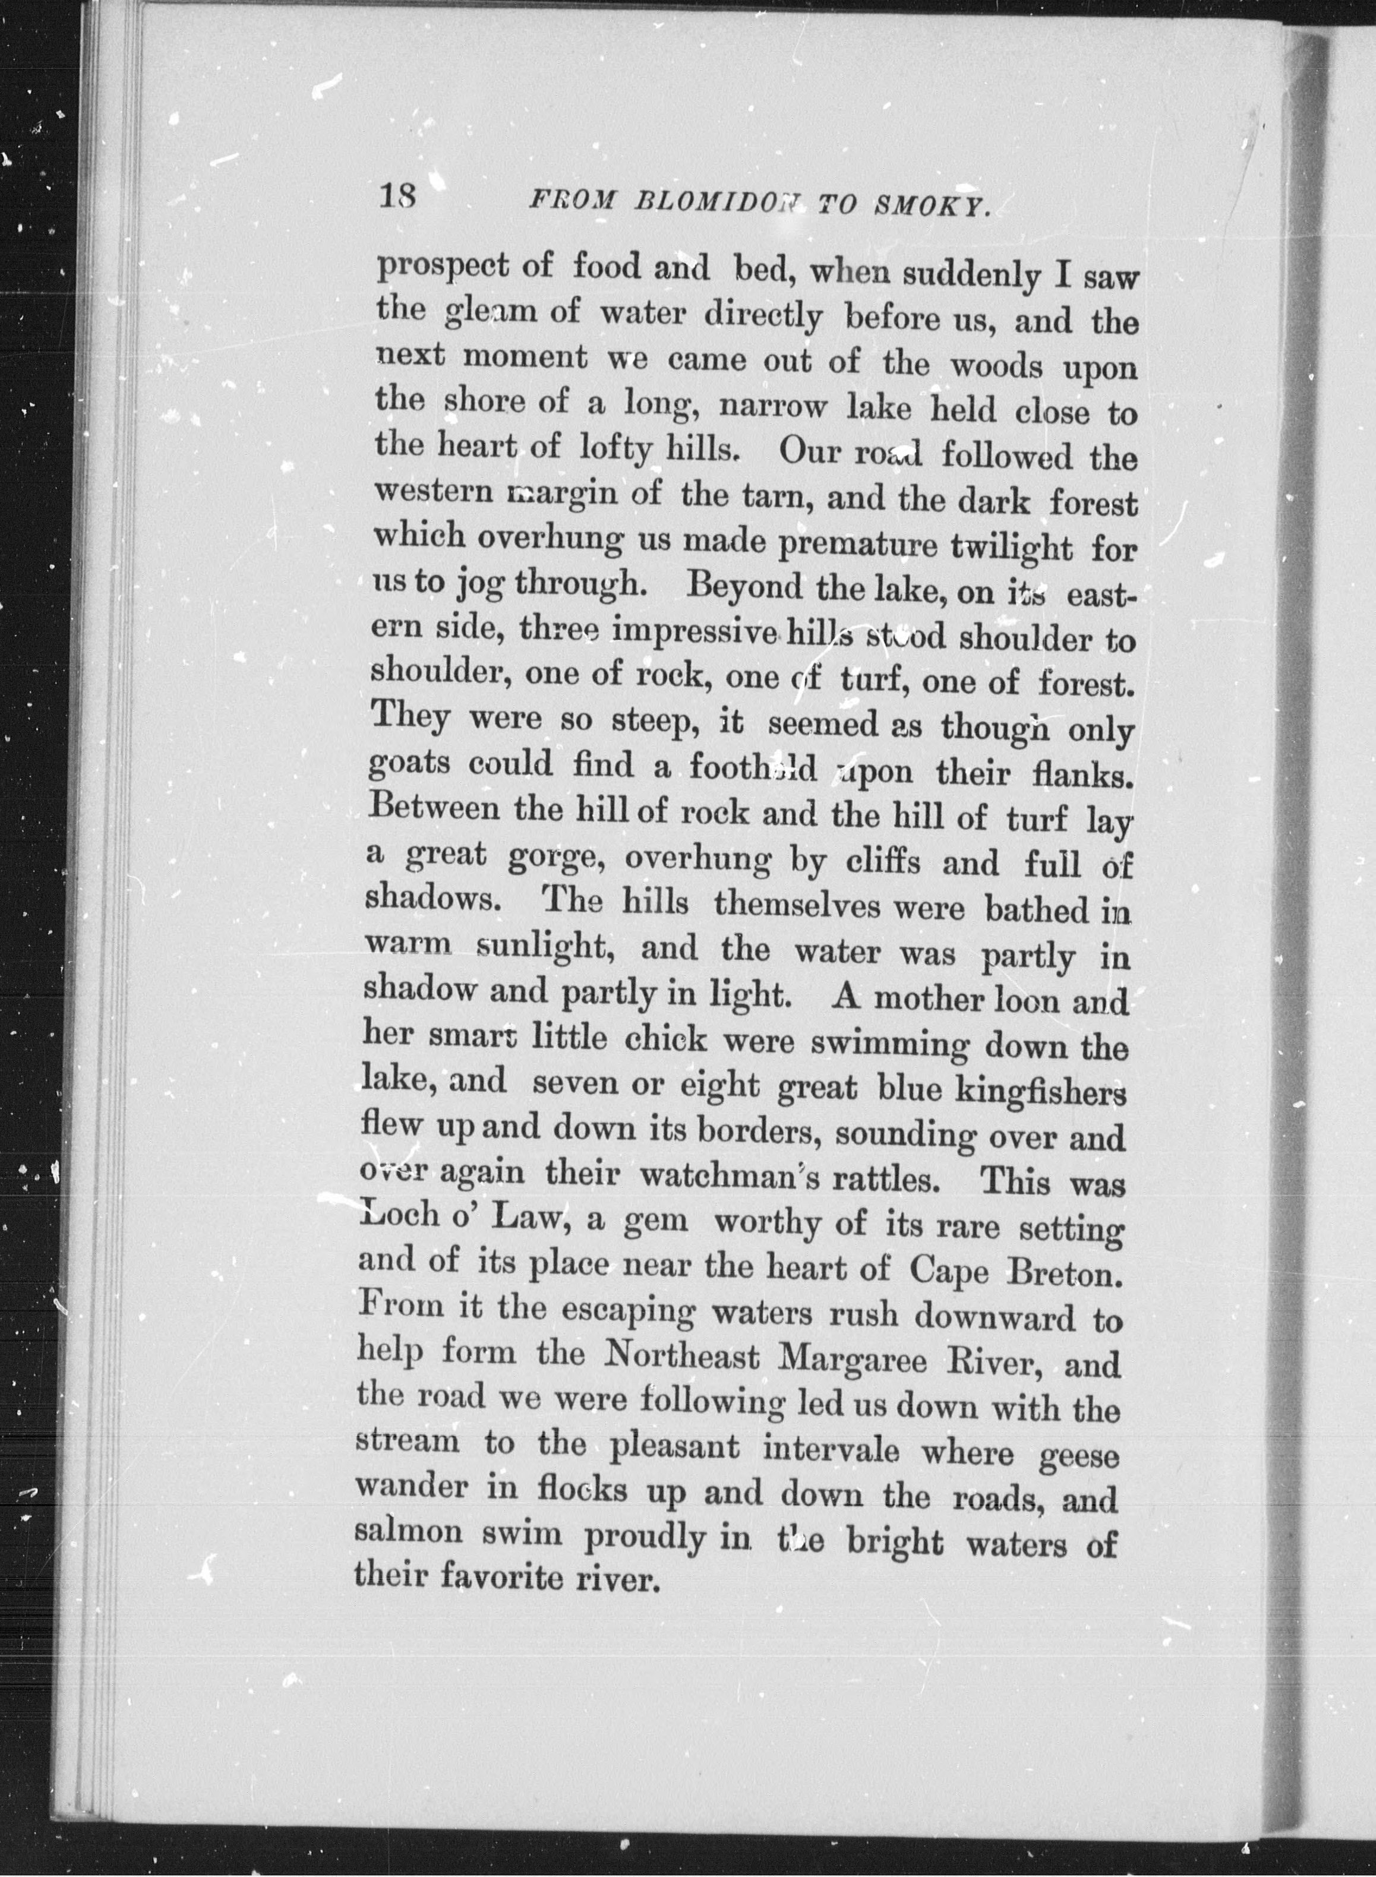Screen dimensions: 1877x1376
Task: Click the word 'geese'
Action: pyautogui.click(x=1080, y=1456)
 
